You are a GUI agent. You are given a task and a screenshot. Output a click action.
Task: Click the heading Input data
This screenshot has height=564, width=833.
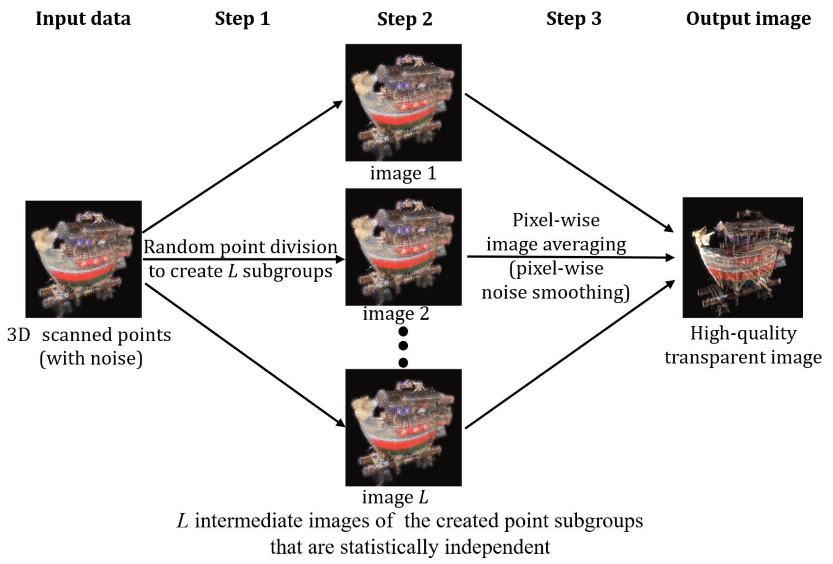click(83, 19)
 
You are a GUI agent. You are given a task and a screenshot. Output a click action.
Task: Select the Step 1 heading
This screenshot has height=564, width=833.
click(242, 19)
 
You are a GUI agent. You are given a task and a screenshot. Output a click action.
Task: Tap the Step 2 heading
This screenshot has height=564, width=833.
click(404, 19)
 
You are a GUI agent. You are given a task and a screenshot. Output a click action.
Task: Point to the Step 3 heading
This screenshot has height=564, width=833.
click(574, 19)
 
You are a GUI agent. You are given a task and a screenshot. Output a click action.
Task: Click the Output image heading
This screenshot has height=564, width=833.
click(748, 19)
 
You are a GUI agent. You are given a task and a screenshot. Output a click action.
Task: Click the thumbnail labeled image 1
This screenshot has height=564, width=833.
click(403, 102)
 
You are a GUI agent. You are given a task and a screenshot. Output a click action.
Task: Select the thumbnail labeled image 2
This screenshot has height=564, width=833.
click(403, 247)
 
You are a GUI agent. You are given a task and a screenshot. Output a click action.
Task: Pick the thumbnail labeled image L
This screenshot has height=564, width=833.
click(403, 427)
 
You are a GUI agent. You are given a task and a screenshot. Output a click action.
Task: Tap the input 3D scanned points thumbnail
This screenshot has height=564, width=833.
click(83, 259)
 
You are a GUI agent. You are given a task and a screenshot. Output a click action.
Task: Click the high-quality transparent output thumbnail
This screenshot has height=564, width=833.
click(742, 257)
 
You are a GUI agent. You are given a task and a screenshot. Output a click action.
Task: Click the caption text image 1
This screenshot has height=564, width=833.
click(403, 173)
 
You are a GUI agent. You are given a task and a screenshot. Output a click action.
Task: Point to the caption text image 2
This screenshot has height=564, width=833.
click(396, 313)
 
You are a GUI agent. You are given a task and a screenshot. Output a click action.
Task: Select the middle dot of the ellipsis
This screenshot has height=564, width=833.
click(403, 346)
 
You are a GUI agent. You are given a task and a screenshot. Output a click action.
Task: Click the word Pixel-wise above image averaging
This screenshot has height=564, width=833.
click(555, 220)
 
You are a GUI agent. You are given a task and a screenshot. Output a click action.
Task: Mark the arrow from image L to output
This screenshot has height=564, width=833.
click(570, 355)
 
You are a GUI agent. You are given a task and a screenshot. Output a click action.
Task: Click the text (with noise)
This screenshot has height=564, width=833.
click(91, 359)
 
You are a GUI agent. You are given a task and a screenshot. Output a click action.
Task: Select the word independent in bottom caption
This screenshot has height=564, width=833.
click(497, 546)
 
